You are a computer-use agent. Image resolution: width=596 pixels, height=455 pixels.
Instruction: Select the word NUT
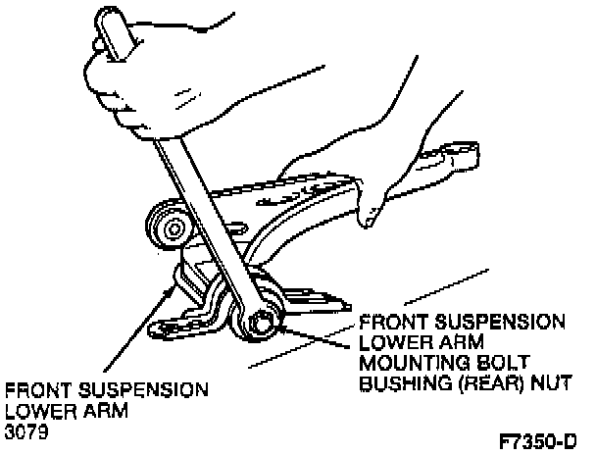click(x=551, y=383)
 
